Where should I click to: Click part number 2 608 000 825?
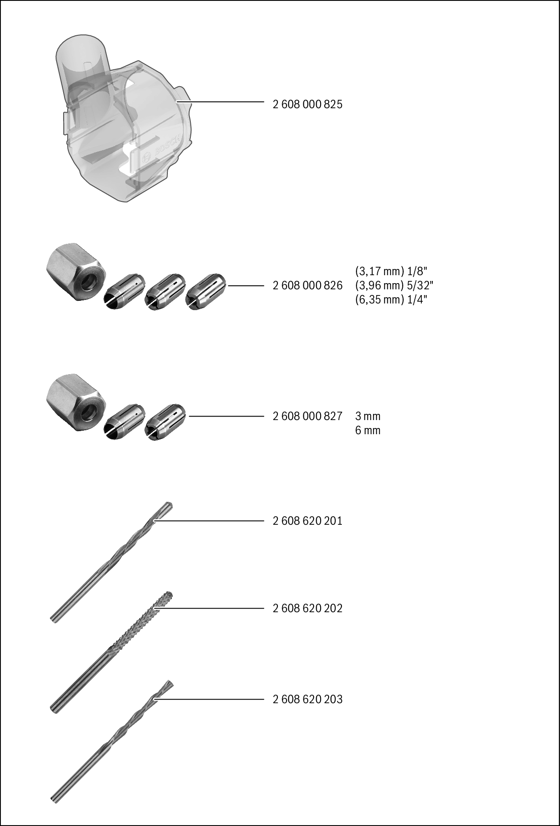307,105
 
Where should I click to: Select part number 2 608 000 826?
307,286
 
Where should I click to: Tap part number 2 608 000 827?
307,416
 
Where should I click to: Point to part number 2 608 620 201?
307,521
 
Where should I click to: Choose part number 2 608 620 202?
307,608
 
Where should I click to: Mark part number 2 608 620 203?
307,699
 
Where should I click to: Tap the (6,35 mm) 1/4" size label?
391,299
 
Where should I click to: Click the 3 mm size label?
367,416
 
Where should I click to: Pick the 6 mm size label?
367,430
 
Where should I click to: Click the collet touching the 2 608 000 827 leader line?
166,422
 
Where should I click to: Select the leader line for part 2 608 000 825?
220,102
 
